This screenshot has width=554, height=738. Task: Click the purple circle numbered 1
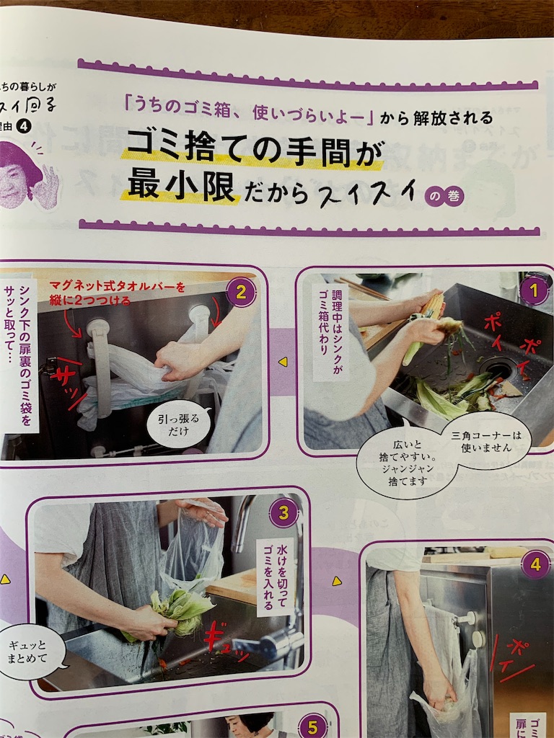tap(534, 291)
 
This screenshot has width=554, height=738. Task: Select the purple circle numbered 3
tap(283, 513)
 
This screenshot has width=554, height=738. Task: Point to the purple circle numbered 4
tap(535, 565)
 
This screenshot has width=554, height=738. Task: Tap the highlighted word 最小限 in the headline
tap(182, 187)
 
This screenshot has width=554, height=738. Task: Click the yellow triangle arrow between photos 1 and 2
tap(283, 361)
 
